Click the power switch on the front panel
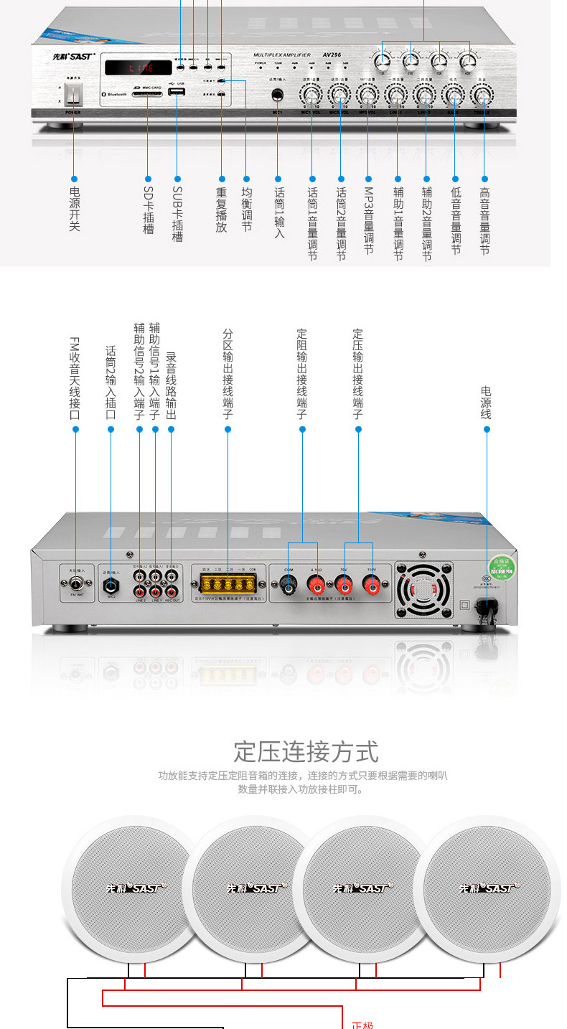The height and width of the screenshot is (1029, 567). pos(73,95)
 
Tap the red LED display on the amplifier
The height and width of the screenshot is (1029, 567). pos(139,68)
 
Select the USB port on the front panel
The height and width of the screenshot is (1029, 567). pos(177,94)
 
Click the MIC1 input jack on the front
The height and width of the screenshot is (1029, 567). pos(278,95)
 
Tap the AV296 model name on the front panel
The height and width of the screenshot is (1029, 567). pos(332,55)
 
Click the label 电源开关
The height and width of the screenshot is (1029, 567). pos(74,209)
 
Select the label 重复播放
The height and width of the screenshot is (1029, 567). pos(221,210)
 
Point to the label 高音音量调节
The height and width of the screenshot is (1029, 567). pos(484,222)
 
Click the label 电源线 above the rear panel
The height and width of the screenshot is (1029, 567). pos(486,403)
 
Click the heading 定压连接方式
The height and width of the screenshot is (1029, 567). pos(306,752)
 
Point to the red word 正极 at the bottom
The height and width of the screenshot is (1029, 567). pos(362,1024)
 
